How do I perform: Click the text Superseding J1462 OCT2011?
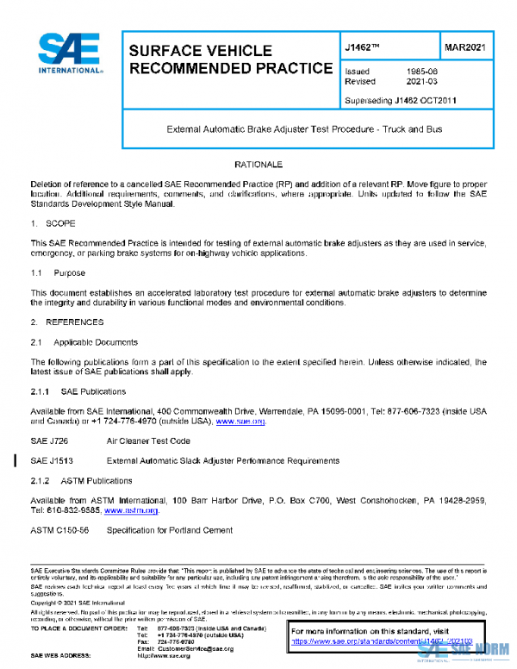pyautogui.click(x=400, y=100)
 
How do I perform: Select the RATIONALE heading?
pyautogui.click(x=258, y=164)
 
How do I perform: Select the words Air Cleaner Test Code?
pyautogui.click(x=148, y=441)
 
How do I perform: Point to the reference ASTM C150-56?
pyautogui.click(x=59, y=530)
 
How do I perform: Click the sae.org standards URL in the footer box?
pyautogui.click(x=382, y=642)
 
